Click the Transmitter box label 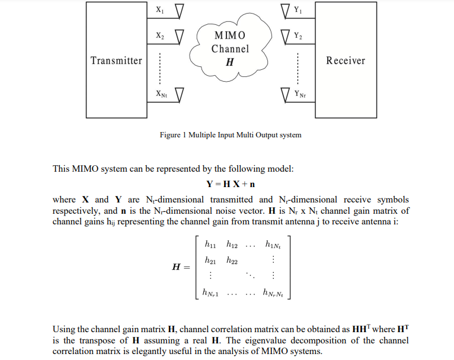coord(116,60)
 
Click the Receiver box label coord(346,60)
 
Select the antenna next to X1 coord(178,12)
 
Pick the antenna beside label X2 coord(178,37)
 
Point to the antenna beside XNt coord(178,94)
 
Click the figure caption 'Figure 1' coord(230,135)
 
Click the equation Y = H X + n coord(230,184)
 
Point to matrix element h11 coord(209,244)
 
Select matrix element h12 coord(232,244)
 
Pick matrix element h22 coord(232,260)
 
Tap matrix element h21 coord(209,260)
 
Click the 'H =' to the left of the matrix coord(180,267)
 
